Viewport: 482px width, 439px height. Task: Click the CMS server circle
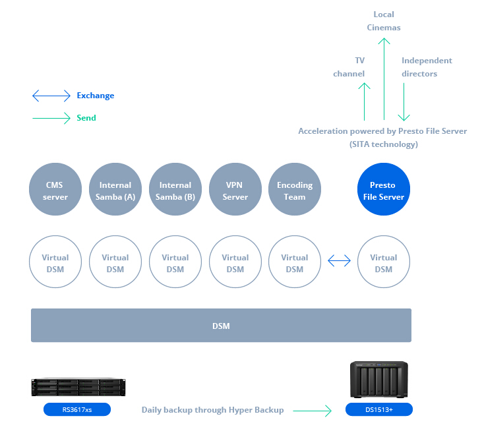(x=55, y=190)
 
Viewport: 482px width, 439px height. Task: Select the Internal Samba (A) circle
(x=115, y=190)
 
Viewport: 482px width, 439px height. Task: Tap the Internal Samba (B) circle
(x=175, y=190)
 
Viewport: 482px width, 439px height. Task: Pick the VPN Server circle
(x=235, y=190)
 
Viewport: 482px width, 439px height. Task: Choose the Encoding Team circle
(x=295, y=190)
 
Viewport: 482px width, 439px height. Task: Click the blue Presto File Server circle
(x=383, y=190)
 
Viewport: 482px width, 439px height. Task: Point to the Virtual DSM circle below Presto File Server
(x=383, y=262)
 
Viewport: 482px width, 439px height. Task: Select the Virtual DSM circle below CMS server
(x=55, y=262)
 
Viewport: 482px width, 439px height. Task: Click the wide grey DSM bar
(x=221, y=326)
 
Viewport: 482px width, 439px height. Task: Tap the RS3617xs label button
(x=77, y=410)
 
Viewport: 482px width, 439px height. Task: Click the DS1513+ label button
(x=379, y=410)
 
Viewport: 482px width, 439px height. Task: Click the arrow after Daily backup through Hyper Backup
(x=313, y=411)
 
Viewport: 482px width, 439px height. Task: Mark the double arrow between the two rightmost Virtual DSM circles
(x=339, y=262)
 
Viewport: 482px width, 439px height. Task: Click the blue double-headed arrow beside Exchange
(x=51, y=96)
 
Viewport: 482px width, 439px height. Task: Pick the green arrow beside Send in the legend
(x=51, y=119)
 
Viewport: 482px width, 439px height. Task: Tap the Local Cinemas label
(x=383, y=21)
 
